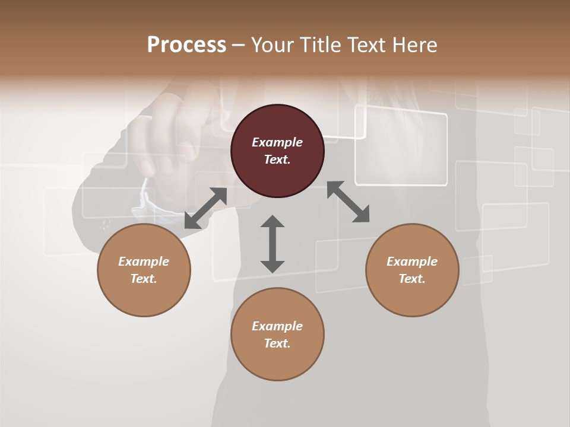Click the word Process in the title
186,45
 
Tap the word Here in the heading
415,45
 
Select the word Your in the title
273,45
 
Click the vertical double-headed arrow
273,244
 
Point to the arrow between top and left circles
205,208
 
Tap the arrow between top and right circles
348,202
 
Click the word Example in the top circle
277,142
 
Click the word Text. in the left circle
144,279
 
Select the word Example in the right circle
412,262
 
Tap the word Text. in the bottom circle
277,343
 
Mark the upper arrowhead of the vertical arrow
273,222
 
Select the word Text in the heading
366,45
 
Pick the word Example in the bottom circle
277,326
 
